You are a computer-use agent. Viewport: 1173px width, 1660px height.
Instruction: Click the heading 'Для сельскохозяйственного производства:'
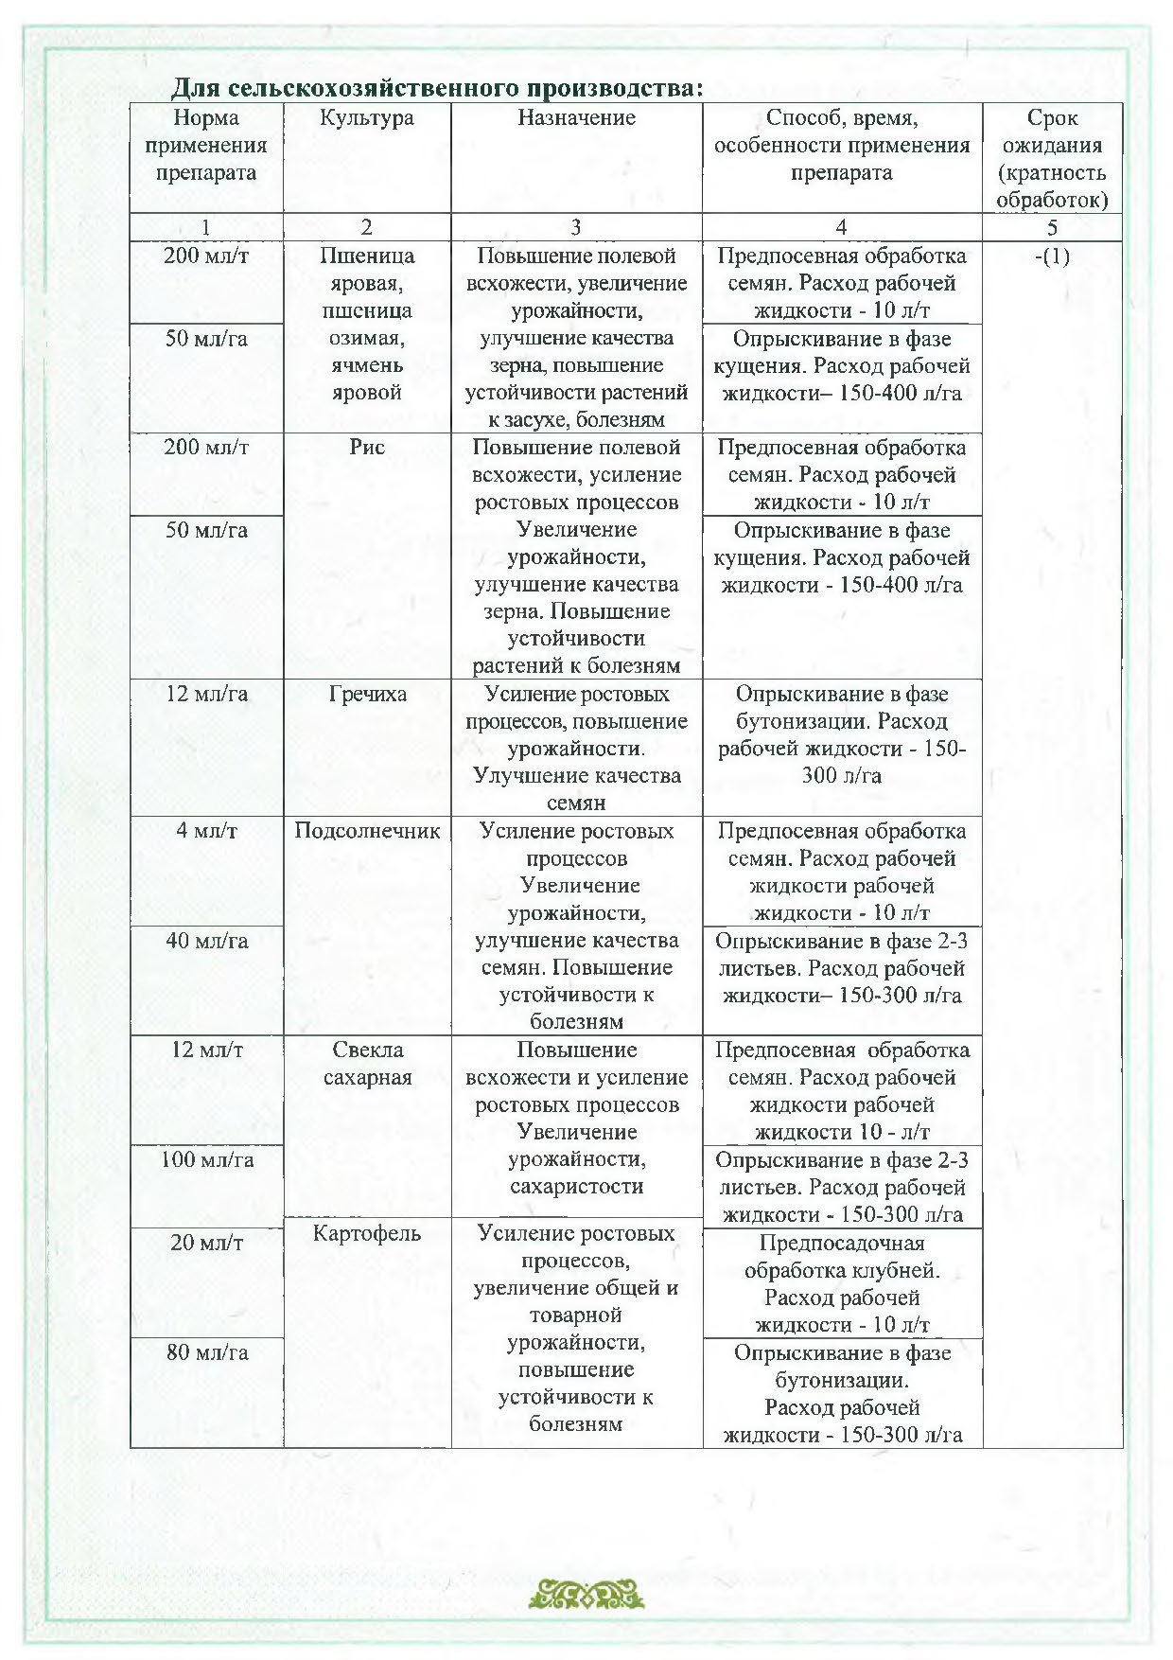point(437,88)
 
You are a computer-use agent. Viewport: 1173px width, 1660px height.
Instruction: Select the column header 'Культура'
point(367,118)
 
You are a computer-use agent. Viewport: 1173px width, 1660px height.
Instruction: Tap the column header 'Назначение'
point(576,118)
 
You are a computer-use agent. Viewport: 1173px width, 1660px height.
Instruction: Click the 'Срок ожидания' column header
point(1052,158)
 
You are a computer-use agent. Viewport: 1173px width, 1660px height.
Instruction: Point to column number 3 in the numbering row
point(576,227)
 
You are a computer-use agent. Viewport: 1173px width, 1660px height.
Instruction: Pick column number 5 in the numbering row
point(1052,227)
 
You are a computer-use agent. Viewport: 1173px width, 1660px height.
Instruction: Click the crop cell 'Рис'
point(367,448)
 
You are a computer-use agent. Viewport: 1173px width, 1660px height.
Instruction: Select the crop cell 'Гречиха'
point(367,695)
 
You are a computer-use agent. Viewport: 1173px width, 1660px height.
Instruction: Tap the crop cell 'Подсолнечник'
point(367,831)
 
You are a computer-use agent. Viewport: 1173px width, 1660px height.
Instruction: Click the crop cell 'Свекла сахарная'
point(367,1064)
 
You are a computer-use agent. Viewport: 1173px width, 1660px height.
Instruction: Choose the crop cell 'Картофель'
point(367,1233)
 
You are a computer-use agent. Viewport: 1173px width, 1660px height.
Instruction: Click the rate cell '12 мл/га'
point(206,695)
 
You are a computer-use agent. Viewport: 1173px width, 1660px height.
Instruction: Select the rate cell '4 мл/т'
point(206,831)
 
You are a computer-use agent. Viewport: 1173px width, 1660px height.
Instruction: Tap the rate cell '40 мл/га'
point(206,941)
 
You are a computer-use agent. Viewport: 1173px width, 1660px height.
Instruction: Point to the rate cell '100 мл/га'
point(206,1159)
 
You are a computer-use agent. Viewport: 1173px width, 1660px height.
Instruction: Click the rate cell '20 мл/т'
point(206,1243)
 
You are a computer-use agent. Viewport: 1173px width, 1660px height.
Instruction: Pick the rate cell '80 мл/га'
point(206,1352)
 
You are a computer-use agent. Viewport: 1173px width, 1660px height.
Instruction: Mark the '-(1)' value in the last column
point(1052,256)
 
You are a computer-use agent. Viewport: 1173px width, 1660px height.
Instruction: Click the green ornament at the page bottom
point(586,1594)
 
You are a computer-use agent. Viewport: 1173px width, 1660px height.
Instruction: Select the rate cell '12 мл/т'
point(206,1050)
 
